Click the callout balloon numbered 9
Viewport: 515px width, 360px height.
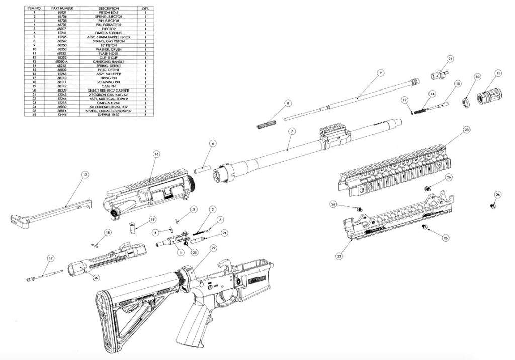point(381,73)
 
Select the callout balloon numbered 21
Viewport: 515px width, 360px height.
point(450,59)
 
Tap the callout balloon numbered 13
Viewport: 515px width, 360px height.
point(85,175)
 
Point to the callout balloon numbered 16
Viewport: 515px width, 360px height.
point(156,154)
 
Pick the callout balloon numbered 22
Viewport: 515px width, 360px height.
point(213,248)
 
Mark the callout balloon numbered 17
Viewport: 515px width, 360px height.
point(50,258)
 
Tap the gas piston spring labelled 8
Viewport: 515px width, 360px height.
point(267,123)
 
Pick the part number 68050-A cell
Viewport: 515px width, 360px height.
point(59,62)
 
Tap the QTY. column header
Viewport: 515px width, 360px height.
point(145,9)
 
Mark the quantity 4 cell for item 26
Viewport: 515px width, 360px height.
point(145,115)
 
